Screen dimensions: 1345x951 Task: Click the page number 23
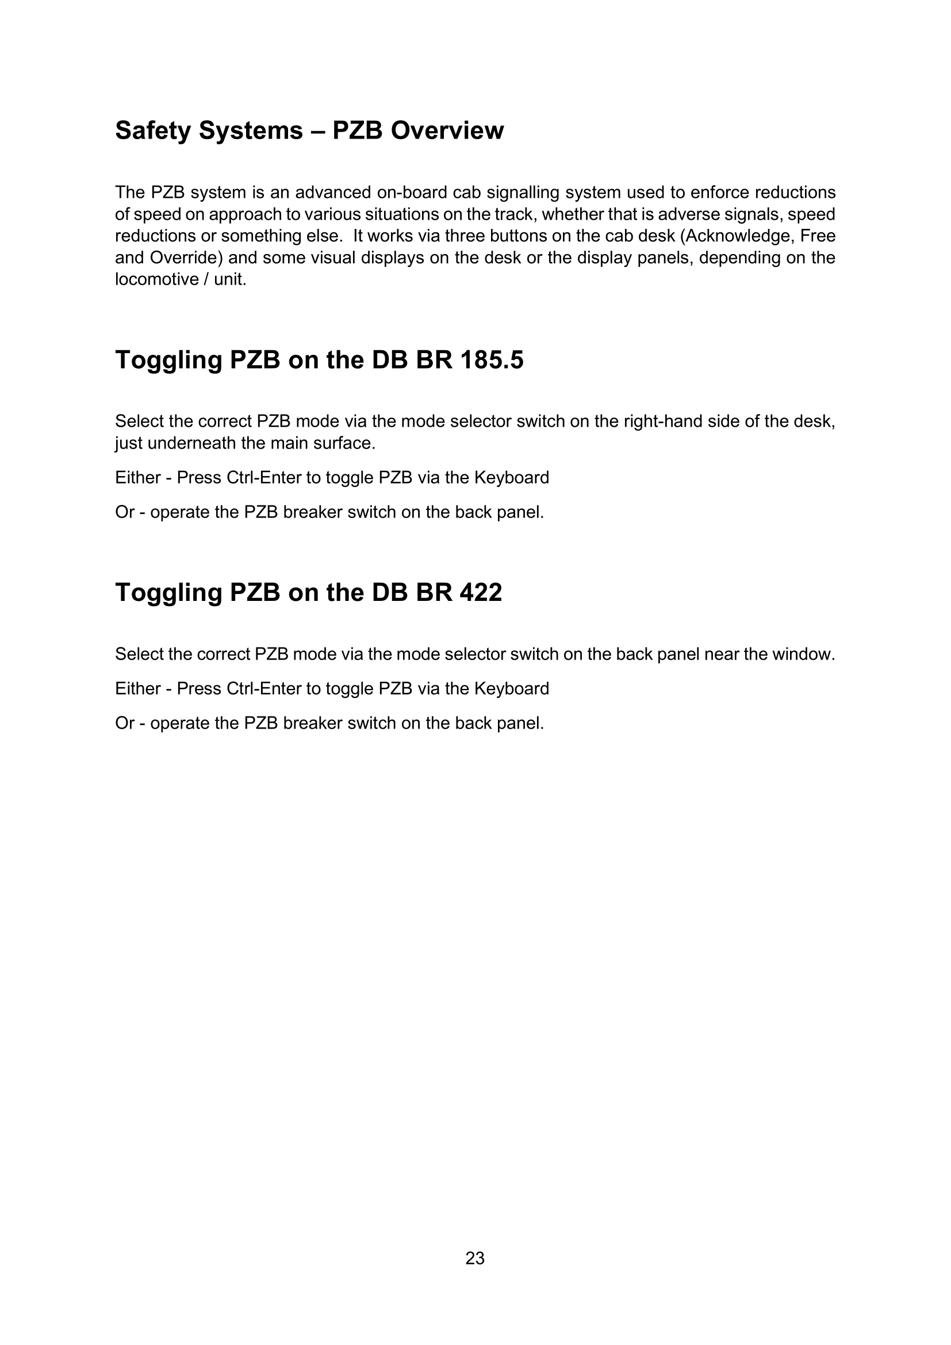tap(475, 1258)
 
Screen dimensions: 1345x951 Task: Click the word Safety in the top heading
tap(153, 130)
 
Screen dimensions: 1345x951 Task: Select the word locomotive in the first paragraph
tap(156, 279)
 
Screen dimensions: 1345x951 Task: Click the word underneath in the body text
tap(191, 443)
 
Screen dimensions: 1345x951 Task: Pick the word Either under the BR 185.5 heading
tap(137, 477)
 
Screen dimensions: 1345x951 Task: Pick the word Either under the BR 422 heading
tap(137, 688)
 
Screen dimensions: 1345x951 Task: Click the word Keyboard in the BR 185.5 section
tap(511, 477)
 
